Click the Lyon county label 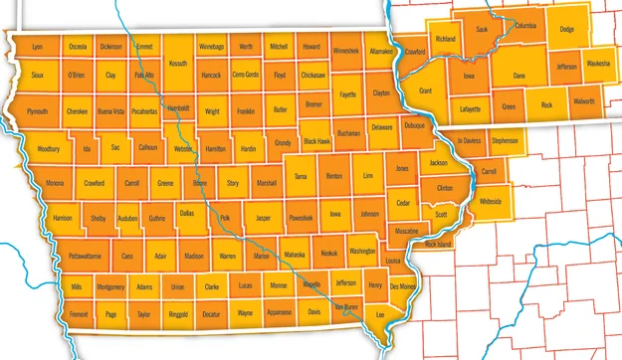coord(38,47)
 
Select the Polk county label coord(225,217)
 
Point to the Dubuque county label coord(414,125)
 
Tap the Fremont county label coord(79,313)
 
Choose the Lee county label coord(379,314)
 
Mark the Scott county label coord(441,214)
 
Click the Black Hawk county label coord(316,142)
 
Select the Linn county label coord(368,176)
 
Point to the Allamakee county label coord(381,50)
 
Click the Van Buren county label coord(345,306)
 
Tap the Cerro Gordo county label coord(245,75)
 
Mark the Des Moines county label coord(403,286)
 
